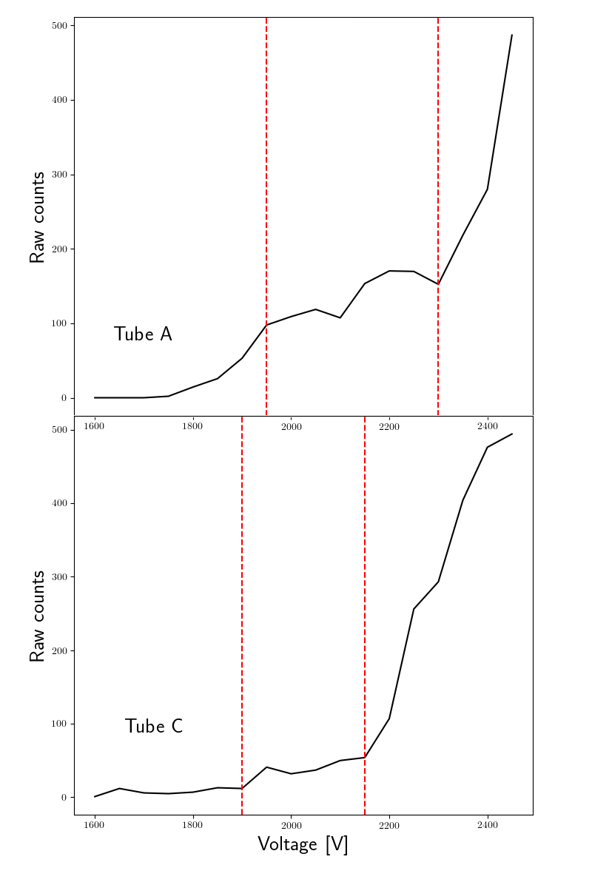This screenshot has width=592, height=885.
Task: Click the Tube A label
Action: pos(143,334)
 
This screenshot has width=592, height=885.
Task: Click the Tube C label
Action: pos(153,726)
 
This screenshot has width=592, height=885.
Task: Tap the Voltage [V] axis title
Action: pos(303,844)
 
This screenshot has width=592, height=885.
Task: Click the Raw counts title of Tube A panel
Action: pos(37,217)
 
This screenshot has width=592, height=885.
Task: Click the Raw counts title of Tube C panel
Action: pos(37,616)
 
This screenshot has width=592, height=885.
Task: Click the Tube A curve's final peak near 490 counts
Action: pos(511,36)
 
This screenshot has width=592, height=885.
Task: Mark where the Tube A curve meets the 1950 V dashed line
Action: pos(266,325)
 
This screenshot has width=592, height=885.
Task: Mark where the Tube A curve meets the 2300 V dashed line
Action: pos(438,284)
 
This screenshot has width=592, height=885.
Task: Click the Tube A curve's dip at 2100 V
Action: pos(340,317)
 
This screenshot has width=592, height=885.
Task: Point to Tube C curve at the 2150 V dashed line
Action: pos(365,757)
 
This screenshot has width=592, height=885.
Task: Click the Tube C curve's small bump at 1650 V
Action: pos(119,788)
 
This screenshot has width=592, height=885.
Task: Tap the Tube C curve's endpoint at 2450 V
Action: pos(512,434)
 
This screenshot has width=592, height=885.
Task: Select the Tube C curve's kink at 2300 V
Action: pos(438,582)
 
